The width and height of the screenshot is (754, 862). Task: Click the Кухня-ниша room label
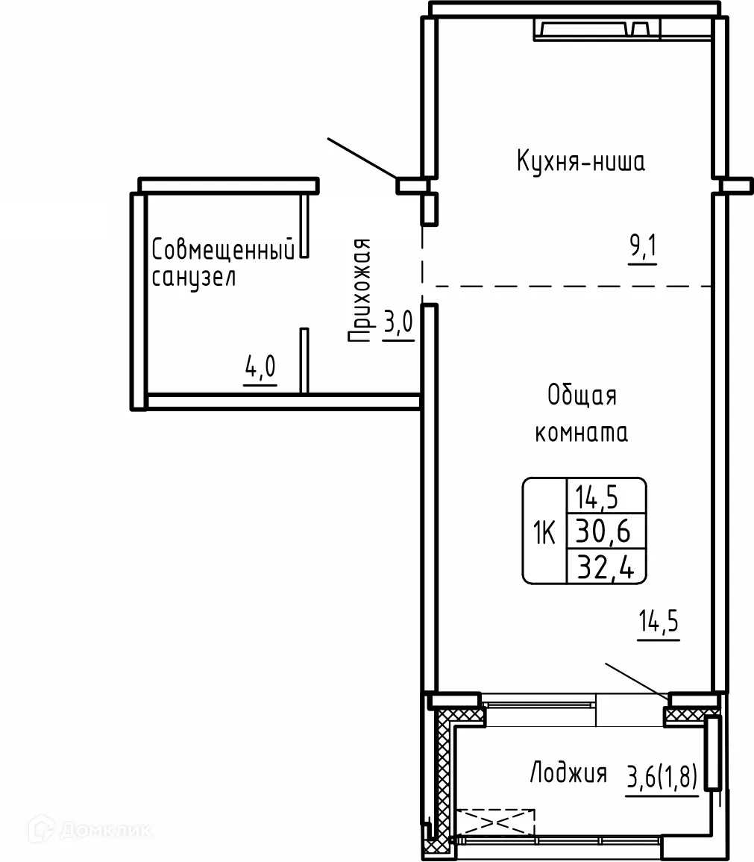coord(580,162)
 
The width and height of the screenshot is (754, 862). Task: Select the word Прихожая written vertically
coord(360,290)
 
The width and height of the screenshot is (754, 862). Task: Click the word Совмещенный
coord(223,249)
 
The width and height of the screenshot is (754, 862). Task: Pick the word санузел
coord(193,277)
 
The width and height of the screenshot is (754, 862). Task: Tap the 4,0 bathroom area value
coord(260,367)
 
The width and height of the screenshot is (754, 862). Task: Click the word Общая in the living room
coord(582,396)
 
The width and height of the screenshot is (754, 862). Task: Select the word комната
coord(582,433)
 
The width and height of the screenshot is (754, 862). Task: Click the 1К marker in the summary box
coord(544,533)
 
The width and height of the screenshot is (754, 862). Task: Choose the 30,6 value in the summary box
coord(603,531)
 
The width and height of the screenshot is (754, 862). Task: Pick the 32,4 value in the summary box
coord(606,566)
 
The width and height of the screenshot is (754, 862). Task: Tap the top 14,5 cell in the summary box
coord(597,498)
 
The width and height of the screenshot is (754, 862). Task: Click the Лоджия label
coord(568,773)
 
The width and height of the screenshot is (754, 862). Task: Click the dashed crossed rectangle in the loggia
coord(495,822)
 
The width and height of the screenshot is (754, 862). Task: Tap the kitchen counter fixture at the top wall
coord(597,28)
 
